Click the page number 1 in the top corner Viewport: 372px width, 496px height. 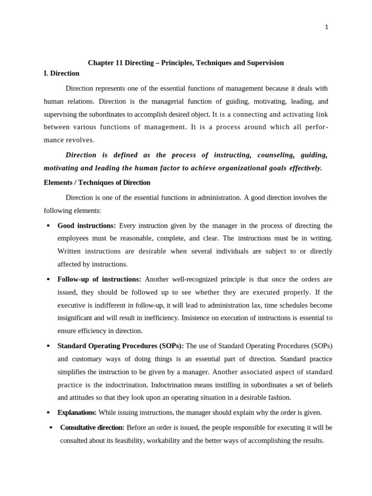point(326,27)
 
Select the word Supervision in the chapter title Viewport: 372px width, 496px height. point(266,63)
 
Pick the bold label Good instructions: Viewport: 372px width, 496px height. point(87,226)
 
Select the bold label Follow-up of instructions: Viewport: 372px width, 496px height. point(99,279)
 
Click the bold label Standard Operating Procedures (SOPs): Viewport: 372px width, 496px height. point(121,346)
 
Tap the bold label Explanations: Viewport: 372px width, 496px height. point(77,412)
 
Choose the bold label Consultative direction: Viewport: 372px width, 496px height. point(92,428)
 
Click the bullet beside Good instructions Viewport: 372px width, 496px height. point(48,226)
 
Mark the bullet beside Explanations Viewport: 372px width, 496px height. point(48,413)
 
